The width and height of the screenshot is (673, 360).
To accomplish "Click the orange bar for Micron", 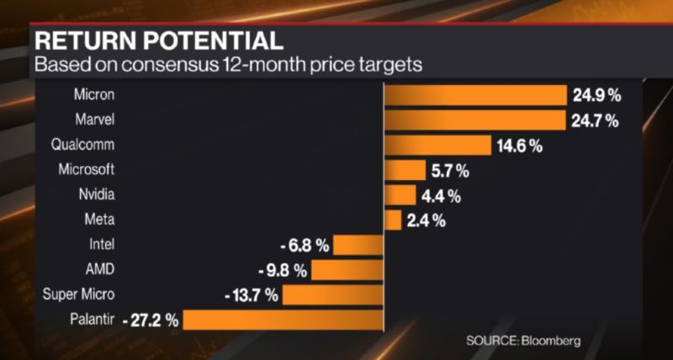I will (x=475, y=94).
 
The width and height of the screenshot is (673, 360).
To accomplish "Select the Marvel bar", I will (x=475, y=119).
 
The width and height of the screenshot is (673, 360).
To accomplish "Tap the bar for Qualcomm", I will (x=437, y=145).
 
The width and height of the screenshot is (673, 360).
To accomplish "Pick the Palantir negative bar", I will (x=283, y=320).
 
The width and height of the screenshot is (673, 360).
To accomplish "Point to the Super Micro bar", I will (x=333, y=295).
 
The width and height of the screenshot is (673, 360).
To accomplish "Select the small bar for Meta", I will (x=393, y=220).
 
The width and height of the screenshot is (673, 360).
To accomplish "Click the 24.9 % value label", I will (x=595, y=95).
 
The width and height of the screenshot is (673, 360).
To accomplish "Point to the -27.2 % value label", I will (x=151, y=320).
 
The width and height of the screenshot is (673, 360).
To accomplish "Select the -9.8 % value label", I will (x=283, y=271).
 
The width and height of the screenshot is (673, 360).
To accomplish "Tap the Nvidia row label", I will (x=95, y=194).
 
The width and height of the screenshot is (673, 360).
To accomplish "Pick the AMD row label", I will (x=100, y=270).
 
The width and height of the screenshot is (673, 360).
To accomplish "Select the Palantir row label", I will (x=93, y=320).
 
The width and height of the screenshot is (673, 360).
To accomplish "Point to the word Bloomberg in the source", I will (x=552, y=341).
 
